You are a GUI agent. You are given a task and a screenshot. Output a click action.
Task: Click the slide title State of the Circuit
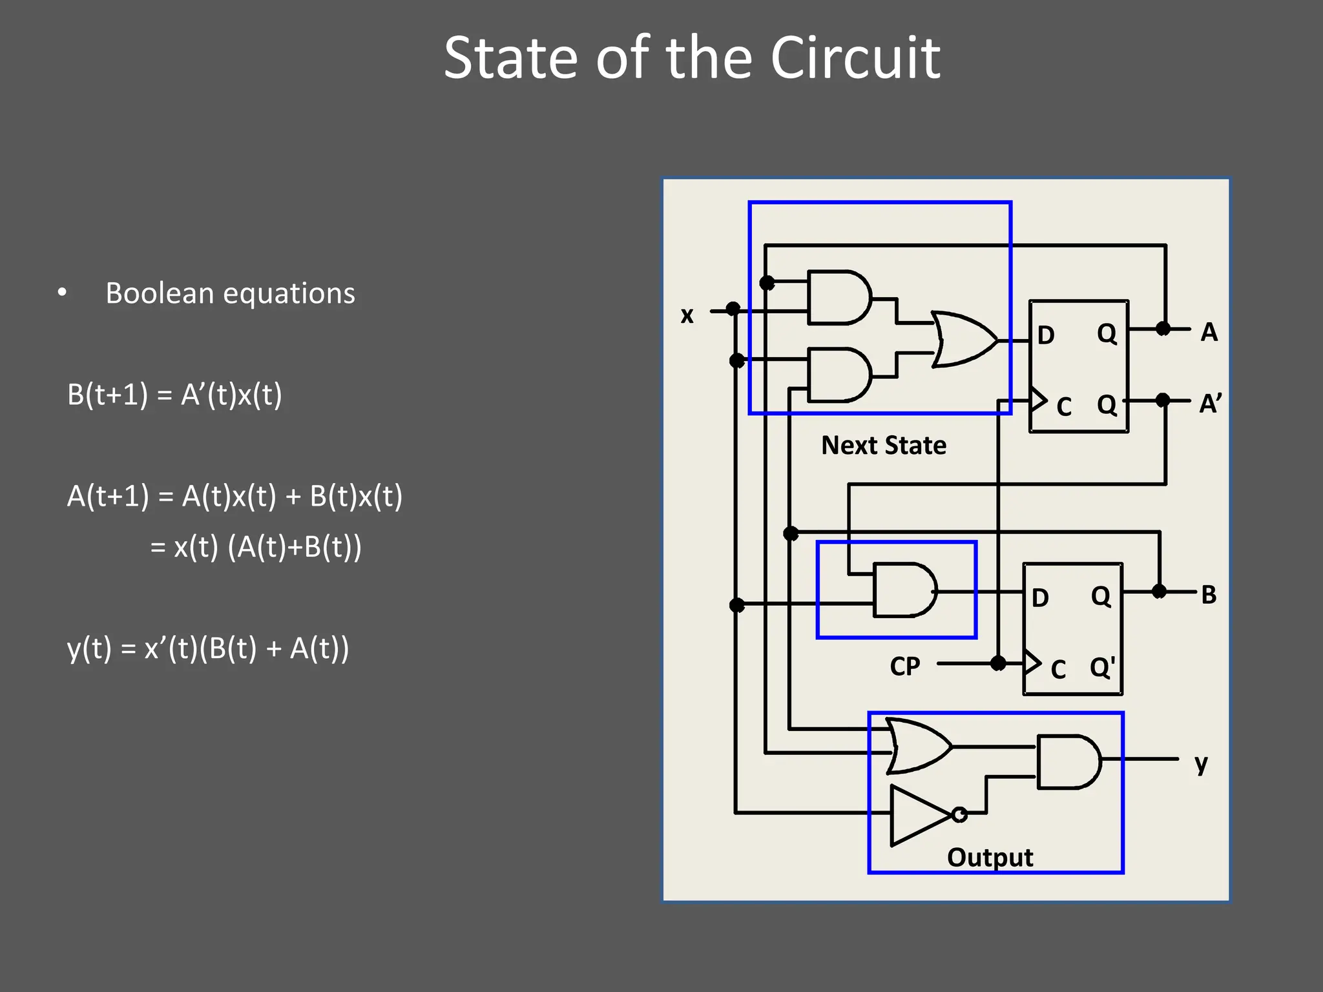(x=691, y=58)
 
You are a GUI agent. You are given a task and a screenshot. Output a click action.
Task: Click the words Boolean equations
(x=230, y=293)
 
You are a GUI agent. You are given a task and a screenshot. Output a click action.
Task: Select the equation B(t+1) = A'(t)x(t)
(x=174, y=395)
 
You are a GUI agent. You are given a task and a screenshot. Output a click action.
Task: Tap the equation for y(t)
(x=207, y=648)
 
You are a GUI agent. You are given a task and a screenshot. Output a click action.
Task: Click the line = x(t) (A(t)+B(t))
(x=256, y=547)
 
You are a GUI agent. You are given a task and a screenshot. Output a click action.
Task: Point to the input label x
(x=687, y=315)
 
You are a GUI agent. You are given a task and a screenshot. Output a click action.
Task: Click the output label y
(x=1201, y=763)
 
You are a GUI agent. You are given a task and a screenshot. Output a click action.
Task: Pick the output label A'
(x=1210, y=404)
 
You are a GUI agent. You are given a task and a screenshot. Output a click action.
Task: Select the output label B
(x=1209, y=595)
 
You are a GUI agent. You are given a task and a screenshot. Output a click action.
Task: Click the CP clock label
(x=904, y=666)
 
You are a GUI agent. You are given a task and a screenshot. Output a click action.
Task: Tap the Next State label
(x=883, y=446)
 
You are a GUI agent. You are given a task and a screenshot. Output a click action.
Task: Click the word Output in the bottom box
(x=990, y=858)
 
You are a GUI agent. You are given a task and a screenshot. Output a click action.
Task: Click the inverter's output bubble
(x=960, y=814)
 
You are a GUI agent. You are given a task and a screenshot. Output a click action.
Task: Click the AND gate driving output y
(x=1068, y=761)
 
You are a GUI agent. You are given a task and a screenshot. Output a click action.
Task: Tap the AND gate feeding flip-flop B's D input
(x=904, y=590)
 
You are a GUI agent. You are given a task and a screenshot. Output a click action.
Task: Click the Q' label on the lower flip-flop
(x=1102, y=667)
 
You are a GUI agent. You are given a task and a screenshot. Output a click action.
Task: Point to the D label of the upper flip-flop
(x=1046, y=335)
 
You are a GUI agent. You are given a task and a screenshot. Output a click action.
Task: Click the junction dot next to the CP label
(x=998, y=663)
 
